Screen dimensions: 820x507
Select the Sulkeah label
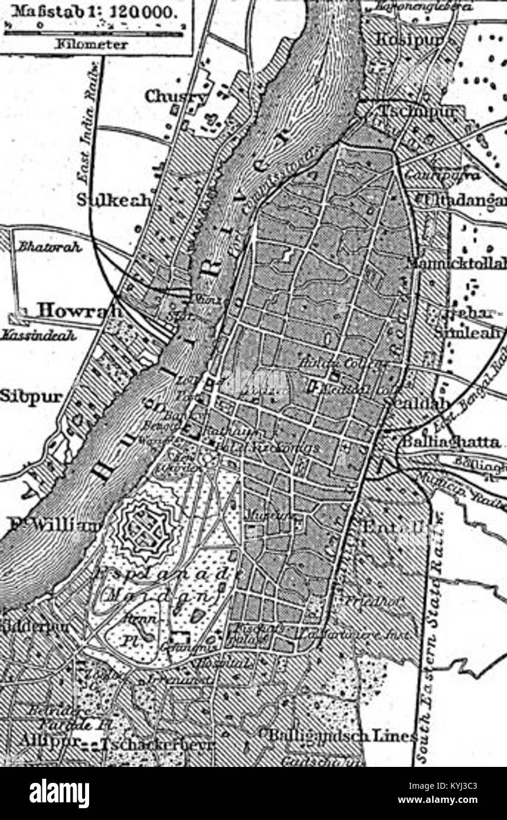point(115,201)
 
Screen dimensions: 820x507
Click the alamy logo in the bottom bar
point(60,793)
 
